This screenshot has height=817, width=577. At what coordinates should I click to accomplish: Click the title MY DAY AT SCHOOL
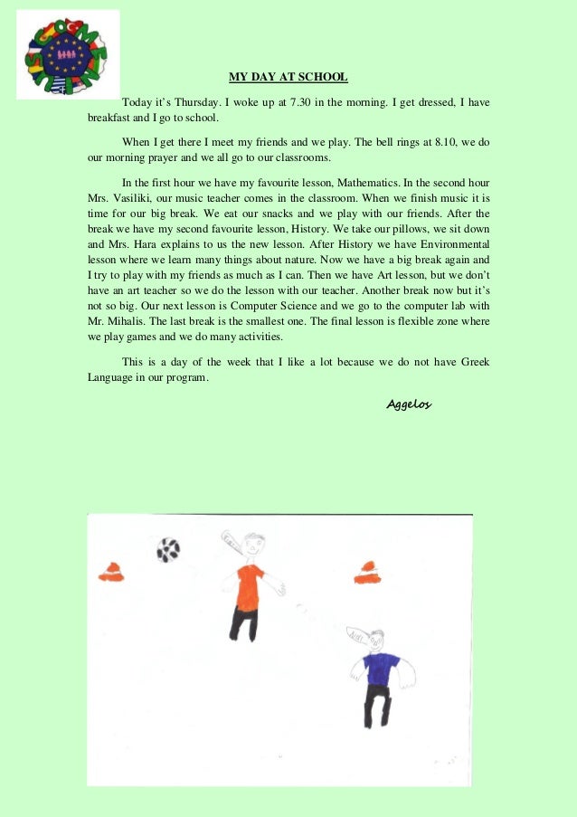tap(288, 78)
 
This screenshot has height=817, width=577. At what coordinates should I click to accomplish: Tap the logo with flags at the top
tap(68, 54)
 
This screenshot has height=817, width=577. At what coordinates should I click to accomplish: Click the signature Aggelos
tap(409, 404)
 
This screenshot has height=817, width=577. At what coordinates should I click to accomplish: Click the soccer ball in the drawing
tap(168, 549)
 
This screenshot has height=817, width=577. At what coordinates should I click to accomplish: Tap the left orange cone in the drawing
tap(110, 571)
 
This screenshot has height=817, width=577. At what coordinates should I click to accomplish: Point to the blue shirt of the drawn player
tap(380, 669)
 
